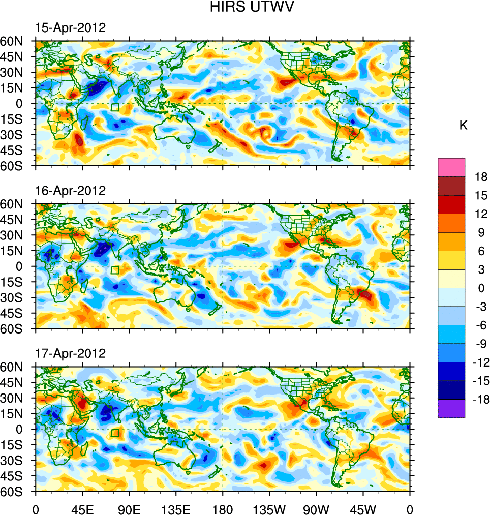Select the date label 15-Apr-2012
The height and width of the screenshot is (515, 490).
(70, 28)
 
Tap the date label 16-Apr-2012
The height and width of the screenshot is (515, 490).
(70, 191)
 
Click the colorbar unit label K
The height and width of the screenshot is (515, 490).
(463, 126)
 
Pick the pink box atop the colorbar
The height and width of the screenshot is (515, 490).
(451, 167)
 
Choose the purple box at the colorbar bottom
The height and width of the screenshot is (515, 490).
(451, 408)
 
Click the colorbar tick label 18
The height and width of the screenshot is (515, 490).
(480, 177)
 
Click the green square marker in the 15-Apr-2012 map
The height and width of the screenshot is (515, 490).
(115, 107)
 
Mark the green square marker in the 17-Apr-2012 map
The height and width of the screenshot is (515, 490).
(115, 433)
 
